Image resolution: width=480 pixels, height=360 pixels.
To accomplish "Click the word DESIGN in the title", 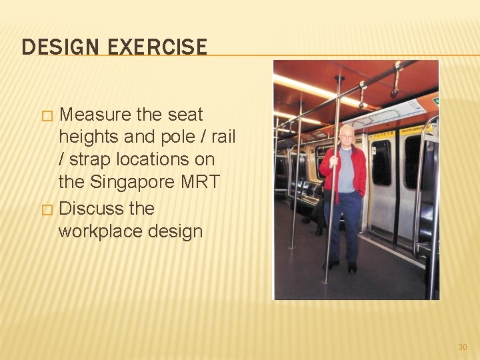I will tap(59, 47).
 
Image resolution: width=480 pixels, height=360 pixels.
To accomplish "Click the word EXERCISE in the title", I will tap(156, 47).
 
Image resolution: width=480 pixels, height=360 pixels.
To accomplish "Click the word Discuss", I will tap(92, 209).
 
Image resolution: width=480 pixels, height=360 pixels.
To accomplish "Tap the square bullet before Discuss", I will tap(46, 209).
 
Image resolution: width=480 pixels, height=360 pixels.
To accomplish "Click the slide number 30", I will tap(463, 347).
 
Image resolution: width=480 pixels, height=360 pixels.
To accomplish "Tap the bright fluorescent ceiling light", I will tap(313, 87).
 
